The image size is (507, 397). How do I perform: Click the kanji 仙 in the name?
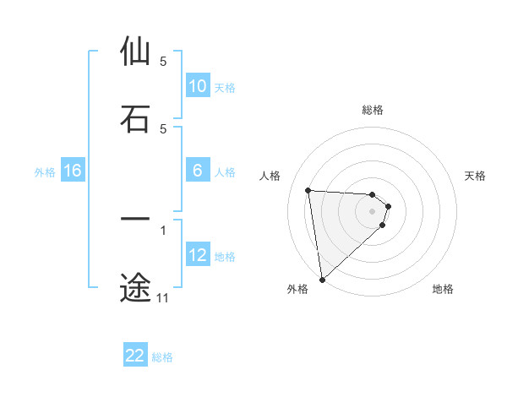click(135, 52)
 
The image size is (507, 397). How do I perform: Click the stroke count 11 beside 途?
click(163, 298)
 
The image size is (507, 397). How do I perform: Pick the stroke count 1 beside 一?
click(163, 229)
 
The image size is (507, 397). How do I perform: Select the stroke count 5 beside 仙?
click(163, 62)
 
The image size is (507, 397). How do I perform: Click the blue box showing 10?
click(198, 86)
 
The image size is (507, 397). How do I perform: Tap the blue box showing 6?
click(198, 171)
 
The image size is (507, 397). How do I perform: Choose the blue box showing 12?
click(198, 255)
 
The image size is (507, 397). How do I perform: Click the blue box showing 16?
click(73, 171)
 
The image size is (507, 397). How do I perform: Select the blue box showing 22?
click(135, 356)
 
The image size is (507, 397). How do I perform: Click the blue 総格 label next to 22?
click(162, 357)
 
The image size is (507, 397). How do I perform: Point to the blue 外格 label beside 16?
click(45, 172)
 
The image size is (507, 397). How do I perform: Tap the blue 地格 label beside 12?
click(225, 257)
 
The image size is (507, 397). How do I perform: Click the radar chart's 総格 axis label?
click(373, 110)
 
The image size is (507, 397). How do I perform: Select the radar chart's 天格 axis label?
click(476, 176)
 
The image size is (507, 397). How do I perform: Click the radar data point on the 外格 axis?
click(322, 279)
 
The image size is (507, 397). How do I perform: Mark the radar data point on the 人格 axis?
click(308, 190)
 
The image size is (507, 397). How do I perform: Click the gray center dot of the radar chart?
click(373, 211)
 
